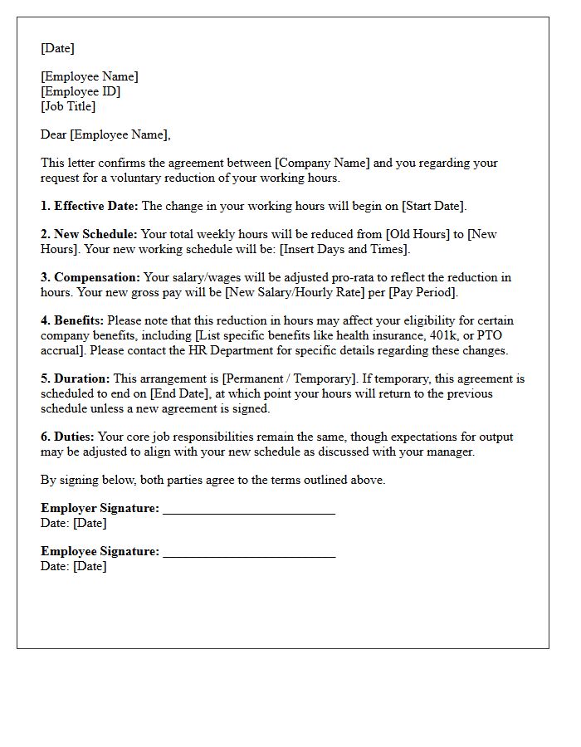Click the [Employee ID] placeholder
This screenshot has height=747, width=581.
pyautogui.click(x=81, y=91)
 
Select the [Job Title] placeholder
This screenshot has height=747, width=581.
pyautogui.click(x=68, y=106)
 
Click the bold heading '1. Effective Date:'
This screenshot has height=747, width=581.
pyautogui.click(x=90, y=206)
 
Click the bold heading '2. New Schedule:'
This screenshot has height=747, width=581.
pyautogui.click(x=89, y=234)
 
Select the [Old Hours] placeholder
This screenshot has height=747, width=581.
pyautogui.click(x=417, y=234)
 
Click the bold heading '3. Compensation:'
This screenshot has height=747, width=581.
pyautogui.click(x=90, y=277)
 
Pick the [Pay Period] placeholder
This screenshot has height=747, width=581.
pyautogui.click(x=423, y=292)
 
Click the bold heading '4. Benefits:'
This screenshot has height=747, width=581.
pyautogui.click(x=72, y=320)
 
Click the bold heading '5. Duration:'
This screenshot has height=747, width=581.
pyautogui.click(x=76, y=378)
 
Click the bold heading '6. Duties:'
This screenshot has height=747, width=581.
pyautogui.click(x=68, y=437)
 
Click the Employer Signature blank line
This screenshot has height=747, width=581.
pyautogui.click(x=249, y=509)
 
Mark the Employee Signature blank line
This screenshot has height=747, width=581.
pyautogui.click(x=249, y=552)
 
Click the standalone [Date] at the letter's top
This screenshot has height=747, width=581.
pyautogui.click(x=57, y=48)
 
